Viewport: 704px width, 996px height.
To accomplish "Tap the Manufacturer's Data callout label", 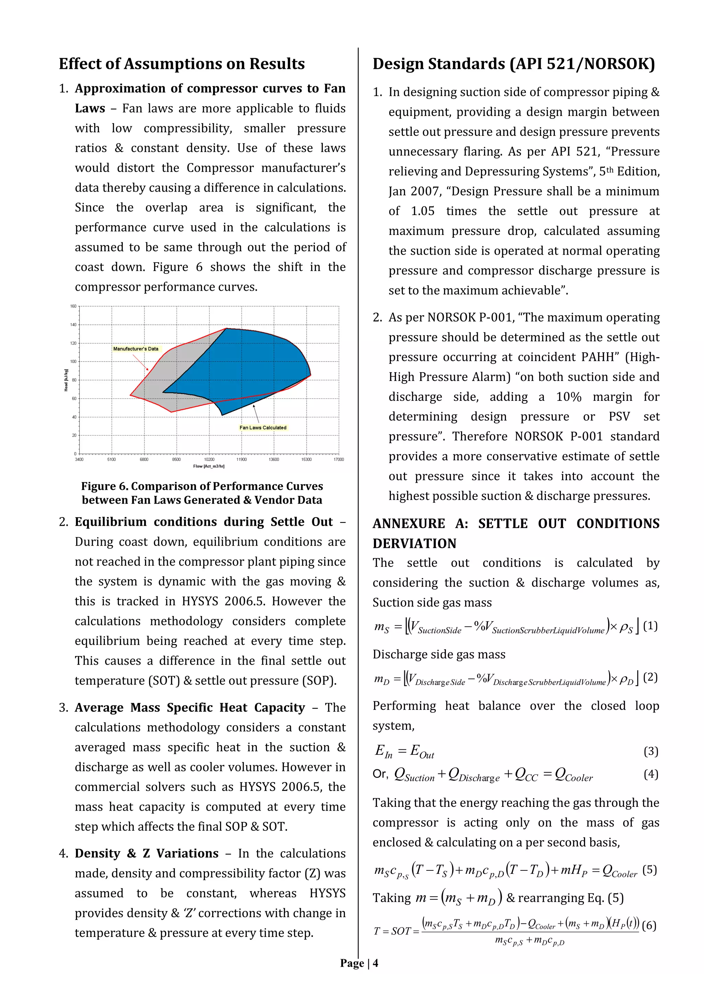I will (136, 349).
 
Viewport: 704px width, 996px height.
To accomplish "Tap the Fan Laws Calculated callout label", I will (263, 428).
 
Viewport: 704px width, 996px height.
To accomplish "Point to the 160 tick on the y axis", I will (73, 306).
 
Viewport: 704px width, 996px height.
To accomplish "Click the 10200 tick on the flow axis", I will (209, 459).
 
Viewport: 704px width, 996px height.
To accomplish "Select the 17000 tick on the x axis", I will (339, 459).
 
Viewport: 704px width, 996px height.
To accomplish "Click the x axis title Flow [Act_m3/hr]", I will (209, 466).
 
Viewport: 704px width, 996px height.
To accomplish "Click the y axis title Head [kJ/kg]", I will (66, 380).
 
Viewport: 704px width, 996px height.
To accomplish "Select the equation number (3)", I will (651, 751).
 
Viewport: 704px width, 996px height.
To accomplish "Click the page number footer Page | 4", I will (359, 963).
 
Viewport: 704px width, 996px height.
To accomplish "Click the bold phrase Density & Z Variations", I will (146, 853).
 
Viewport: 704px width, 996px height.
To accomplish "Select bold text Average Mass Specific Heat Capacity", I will (190, 708).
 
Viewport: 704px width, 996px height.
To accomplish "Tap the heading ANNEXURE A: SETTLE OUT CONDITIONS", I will (515, 524).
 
